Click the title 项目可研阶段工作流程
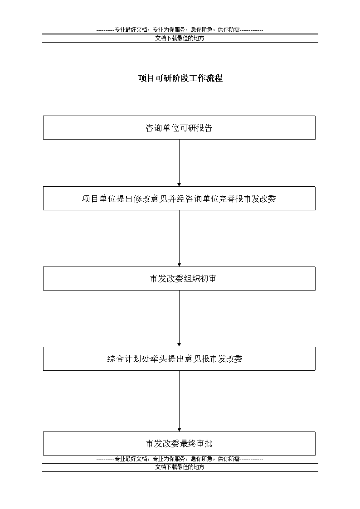click(x=180, y=78)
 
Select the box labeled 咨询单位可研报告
click(x=179, y=127)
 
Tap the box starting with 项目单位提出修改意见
click(x=179, y=199)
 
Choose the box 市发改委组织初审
click(x=179, y=278)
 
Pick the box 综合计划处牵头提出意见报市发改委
click(x=179, y=359)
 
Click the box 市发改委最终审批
click(x=179, y=443)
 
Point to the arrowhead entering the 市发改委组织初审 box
click(x=179, y=265)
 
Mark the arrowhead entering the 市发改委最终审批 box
click(x=179, y=430)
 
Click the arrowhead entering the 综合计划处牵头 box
click(x=179, y=345)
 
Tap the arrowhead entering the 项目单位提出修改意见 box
click(x=179, y=185)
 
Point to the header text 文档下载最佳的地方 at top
click(x=180, y=39)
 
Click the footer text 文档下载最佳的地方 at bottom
click(x=180, y=467)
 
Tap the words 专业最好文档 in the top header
click(x=131, y=30)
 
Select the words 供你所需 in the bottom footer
click(x=229, y=459)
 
